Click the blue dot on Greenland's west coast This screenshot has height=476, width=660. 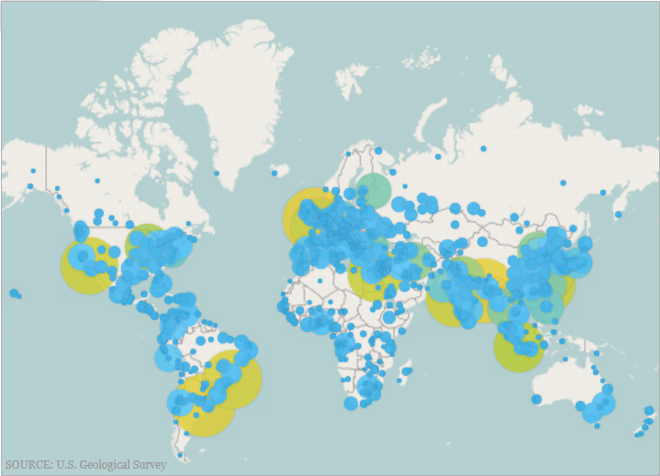click(217, 172)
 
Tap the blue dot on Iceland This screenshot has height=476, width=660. click(274, 172)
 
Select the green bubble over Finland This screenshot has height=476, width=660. click(375, 190)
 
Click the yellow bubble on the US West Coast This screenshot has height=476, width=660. click(88, 264)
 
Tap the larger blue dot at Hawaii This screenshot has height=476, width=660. click(13, 293)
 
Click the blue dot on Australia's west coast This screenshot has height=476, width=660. click(536, 400)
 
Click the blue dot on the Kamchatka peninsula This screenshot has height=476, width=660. click(618, 215)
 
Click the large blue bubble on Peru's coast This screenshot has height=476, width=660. click(168, 358)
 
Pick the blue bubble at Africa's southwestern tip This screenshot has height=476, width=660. click(351, 404)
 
